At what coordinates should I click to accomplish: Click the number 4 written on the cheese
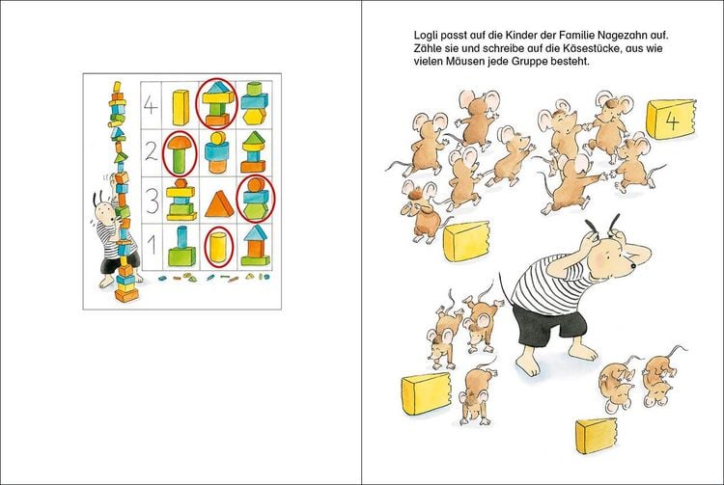click(x=672, y=121)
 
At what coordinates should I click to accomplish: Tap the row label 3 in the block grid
click(x=152, y=201)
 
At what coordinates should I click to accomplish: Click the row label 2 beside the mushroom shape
click(x=151, y=152)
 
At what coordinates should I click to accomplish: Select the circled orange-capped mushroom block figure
click(x=181, y=154)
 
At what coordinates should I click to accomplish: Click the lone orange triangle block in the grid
click(x=219, y=203)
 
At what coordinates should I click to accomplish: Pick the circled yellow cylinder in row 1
click(x=218, y=247)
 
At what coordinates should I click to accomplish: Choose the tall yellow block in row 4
click(x=181, y=107)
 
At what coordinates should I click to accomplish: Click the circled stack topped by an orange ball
click(x=256, y=199)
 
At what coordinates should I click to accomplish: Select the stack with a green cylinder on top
click(x=255, y=104)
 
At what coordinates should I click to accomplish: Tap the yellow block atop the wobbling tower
click(x=117, y=87)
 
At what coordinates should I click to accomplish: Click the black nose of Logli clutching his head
click(x=633, y=266)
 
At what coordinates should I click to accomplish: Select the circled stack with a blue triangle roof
click(x=217, y=104)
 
